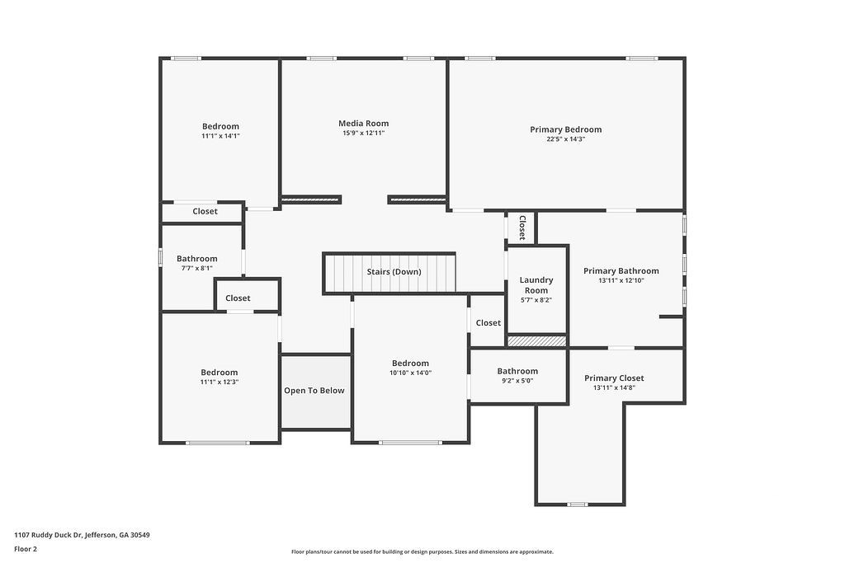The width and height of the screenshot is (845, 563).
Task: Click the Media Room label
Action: [363, 124]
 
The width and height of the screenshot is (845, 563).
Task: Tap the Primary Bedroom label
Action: [565, 129]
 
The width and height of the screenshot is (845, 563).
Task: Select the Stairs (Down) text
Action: [394, 272]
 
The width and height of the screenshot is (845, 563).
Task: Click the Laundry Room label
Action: [536, 285]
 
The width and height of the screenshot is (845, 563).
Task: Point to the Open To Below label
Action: [314, 391]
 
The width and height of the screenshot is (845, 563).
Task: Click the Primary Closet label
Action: [614, 378]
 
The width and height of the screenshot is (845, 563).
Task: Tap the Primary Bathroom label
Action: [621, 271]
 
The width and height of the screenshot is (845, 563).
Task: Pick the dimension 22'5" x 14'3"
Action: [565, 139]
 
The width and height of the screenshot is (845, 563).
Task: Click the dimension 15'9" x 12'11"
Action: [363, 134]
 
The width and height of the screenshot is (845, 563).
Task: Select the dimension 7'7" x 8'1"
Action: [197, 268]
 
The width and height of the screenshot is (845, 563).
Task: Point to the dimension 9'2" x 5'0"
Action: [517, 381]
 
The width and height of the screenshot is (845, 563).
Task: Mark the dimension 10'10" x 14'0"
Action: [410, 373]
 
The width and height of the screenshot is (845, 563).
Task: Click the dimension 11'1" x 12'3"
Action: [220, 382]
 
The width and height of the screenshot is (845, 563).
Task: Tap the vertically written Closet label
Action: [522, 228]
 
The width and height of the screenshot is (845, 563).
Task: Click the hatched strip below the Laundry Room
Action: [536, 340]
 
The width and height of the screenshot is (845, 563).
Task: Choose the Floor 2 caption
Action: [26, 549]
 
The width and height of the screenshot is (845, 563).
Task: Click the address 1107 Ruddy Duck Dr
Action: [82, 535]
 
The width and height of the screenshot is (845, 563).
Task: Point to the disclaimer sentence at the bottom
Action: [422, 552]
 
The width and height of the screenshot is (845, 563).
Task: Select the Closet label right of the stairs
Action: [488, 323]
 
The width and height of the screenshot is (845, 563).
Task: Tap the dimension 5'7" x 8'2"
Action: [536, 300]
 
